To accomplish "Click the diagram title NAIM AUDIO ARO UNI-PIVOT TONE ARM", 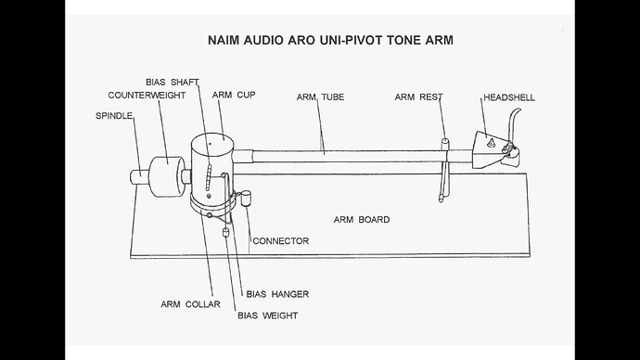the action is pyautogui.click(x=330, y=40).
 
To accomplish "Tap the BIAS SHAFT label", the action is pyautogui.click(x=173, y=82).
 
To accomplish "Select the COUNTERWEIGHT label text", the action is pyautogui.click(x=147, y=95).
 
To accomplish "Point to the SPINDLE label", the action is pyautogui.click(x=114, y=115).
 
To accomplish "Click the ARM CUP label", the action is pyautogui.click(x=234, y=95).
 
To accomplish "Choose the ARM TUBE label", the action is pyautogui.click(x=320, y=96).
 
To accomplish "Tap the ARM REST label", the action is pyautogui.click(x=418, y=96).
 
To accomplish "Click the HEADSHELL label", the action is pyautogui.click(x=509, y=97).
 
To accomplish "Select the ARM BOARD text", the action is pyautogui.click(x=362, y=220).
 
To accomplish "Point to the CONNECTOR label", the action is pyautogui.click(x=281, y=241).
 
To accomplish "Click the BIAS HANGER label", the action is pyautogui.click(x=277, y=294).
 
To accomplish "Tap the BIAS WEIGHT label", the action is pyautogui.click(x=268, y=315).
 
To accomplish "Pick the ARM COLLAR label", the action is pyautogui.click(x=190, y=304).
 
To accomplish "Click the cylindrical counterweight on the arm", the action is pyautogui.click(x=167, y=176).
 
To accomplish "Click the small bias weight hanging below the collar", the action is pyautogui.click(x=224, y=233).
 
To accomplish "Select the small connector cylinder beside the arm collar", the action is pyautogui.click(x=246, y=199).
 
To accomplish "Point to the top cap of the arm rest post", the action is pyautogui.click(x=445, y=142).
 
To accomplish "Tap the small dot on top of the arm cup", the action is pyautogui.click(x=211, y=143).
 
